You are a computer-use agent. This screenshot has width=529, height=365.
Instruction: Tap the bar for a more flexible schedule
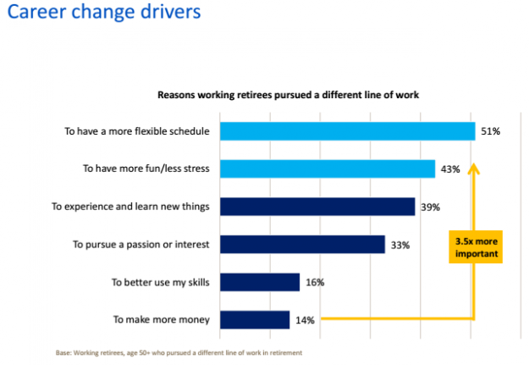(348, 131)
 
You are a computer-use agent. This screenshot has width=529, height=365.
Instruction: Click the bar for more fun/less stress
(328, 169)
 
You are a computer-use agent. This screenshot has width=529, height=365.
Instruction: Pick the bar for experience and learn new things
(317, 207)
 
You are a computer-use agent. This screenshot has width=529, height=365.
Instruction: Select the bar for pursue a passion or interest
(302, 245)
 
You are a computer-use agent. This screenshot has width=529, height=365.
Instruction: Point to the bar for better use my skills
(260, 282)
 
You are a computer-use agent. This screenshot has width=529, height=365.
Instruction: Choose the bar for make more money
(255, 319)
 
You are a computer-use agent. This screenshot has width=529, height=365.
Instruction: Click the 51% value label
(492, 131)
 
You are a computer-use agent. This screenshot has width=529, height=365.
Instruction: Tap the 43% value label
(450, 169)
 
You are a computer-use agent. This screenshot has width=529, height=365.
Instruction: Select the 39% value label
(430, 207)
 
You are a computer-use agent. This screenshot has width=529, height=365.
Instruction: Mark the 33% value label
(400, 245)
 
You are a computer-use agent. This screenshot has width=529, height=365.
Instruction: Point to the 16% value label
(314, 282)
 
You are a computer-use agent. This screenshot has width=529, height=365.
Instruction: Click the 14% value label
(305, 319)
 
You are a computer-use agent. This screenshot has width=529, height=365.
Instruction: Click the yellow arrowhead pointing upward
(474, 169)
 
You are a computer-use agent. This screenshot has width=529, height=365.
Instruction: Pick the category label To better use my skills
(161, 282)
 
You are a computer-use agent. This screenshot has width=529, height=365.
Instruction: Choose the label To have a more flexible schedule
(138, 131)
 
